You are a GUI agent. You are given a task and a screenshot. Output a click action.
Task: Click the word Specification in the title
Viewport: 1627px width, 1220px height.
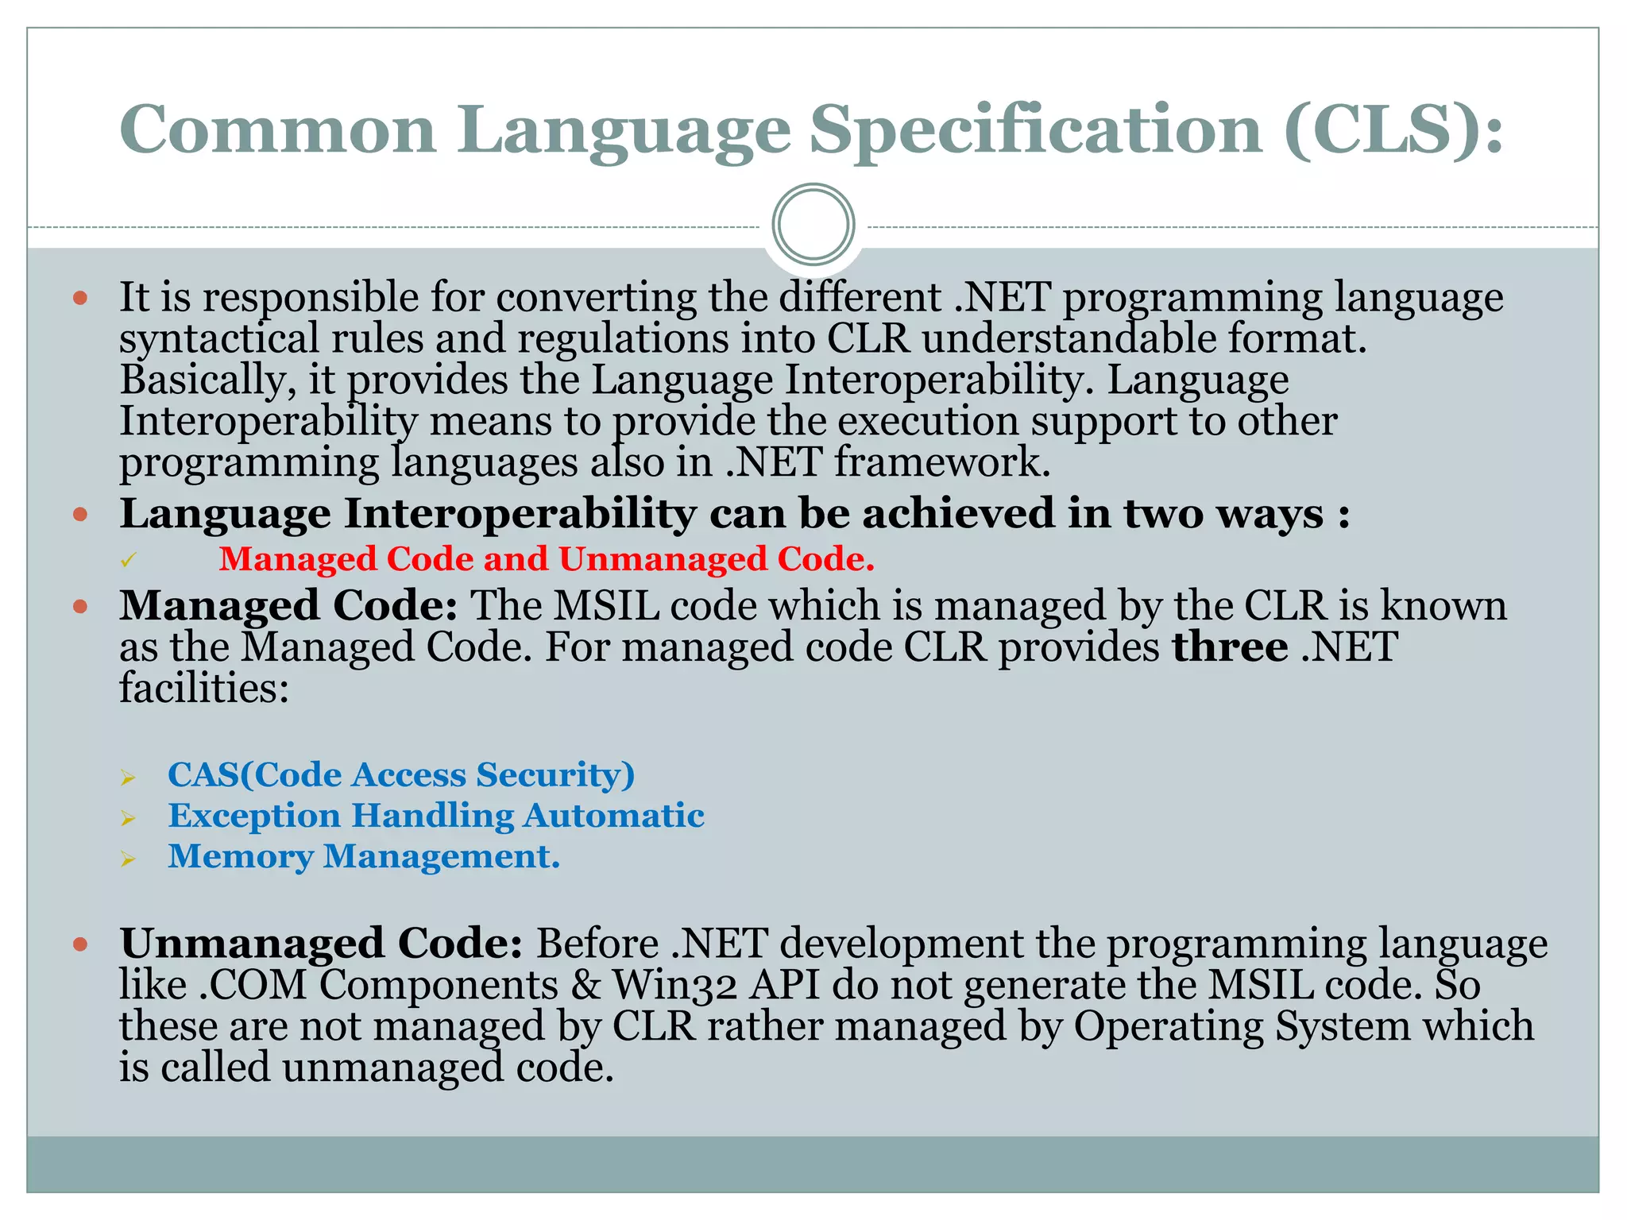(1035, 131)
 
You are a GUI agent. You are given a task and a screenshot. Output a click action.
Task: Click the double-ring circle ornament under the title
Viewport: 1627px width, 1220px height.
(813, 225)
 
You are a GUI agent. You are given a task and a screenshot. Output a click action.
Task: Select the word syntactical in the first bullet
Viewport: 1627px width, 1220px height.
(218, 340)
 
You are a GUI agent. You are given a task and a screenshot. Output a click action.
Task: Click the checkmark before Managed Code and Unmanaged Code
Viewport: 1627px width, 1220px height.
(129, 561)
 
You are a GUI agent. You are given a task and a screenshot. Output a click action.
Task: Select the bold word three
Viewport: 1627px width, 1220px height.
(1229, 647)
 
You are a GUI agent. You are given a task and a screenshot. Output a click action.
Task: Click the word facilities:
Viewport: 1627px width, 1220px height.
(203, 688)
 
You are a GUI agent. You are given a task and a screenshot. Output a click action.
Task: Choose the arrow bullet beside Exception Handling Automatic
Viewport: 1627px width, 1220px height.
(129, 818)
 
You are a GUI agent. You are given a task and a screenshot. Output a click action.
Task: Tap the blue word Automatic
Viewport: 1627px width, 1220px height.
(613, 816)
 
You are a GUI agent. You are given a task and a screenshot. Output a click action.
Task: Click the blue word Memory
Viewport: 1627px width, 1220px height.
(240, 857)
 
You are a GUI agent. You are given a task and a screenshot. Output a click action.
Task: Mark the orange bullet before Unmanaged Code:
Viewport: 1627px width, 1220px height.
(79, 945)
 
